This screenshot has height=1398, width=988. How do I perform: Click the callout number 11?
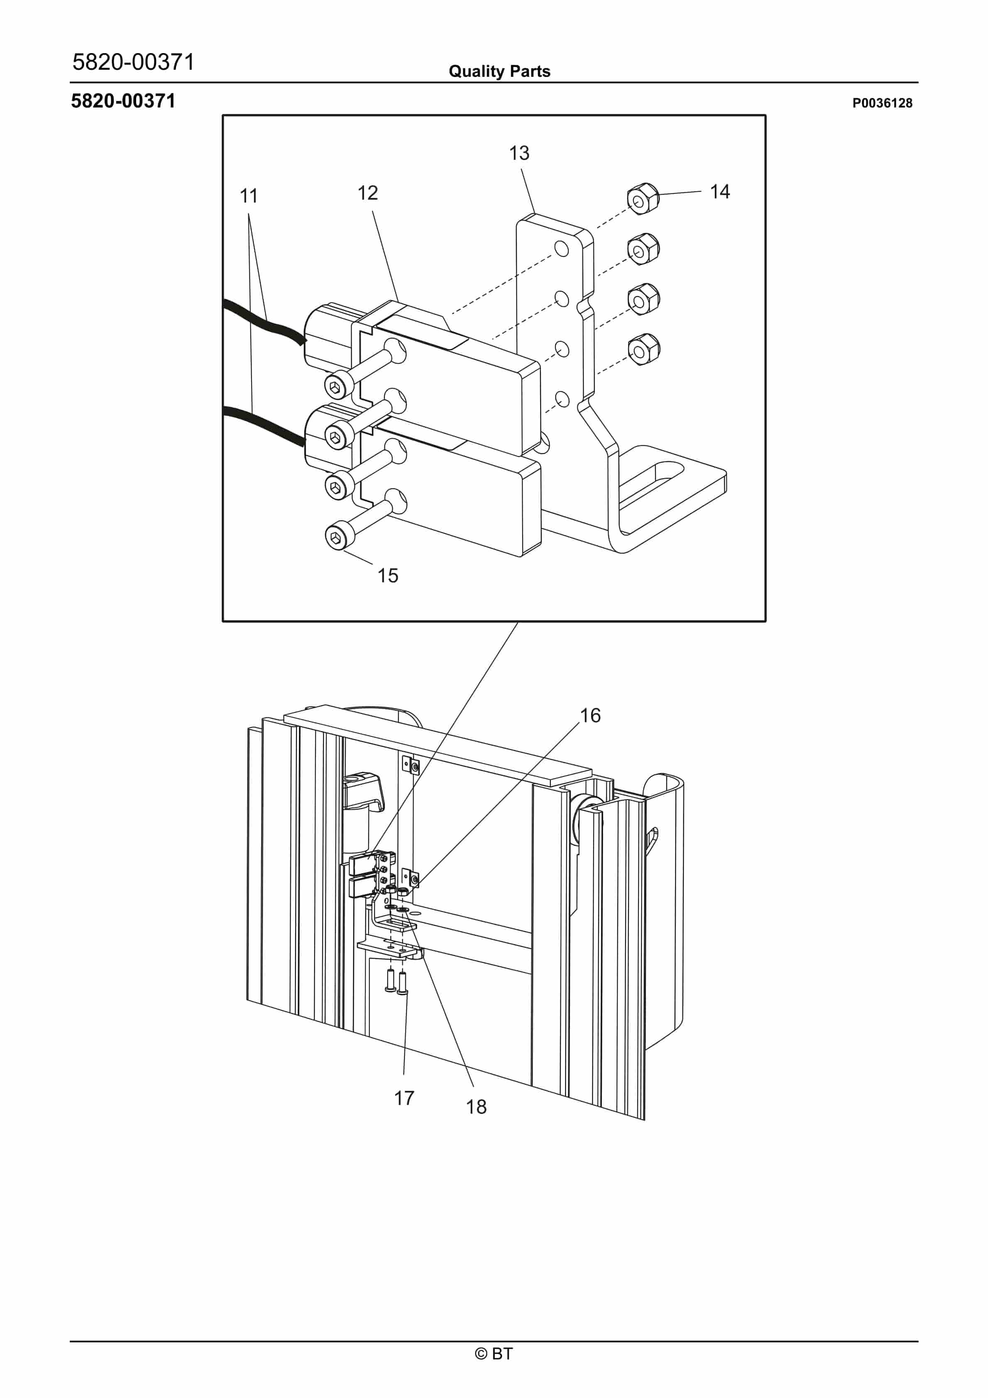tap(249, 196)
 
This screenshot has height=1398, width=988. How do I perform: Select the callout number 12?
tap(367, 193)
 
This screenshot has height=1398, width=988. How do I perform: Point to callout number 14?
tap(719, 192)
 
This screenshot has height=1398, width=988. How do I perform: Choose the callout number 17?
tap(404, 1098)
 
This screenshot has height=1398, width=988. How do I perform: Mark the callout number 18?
tap(476, 1106)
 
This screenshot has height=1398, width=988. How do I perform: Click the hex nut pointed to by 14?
tap(643, 198)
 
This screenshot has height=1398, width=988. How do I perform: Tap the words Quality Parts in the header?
tap(499, 71)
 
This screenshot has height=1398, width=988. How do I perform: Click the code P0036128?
tap(882, 103)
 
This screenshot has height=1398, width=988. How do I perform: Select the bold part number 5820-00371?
tap(123, 101)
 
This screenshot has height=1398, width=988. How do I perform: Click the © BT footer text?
tap(494, 1354)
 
